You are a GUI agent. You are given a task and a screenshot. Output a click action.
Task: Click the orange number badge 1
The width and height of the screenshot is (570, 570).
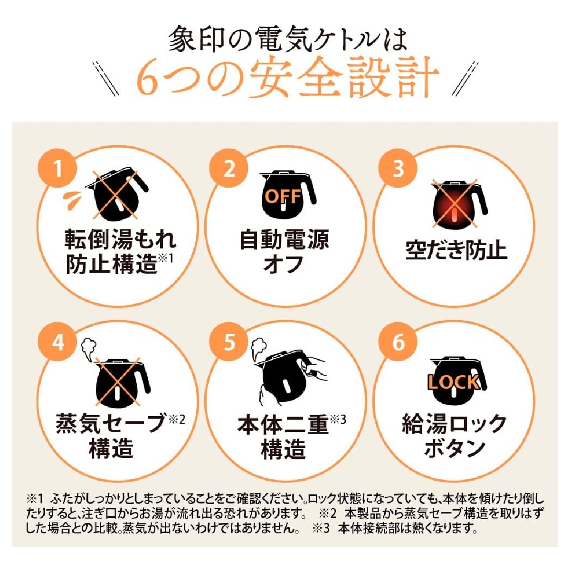(x=58, y=169)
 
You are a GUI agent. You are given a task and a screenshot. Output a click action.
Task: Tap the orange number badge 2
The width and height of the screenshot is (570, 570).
(x=228, y=169)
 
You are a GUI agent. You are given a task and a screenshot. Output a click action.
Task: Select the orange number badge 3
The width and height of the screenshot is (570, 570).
(x=399, y=169)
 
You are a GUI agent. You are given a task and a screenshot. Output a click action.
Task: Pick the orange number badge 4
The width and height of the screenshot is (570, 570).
(x=58, y=342)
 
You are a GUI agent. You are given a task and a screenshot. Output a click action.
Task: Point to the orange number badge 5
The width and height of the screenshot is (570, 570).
(x=228, y=342)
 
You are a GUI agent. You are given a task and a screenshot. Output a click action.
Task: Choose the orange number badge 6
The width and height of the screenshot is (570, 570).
(x=399, y=342)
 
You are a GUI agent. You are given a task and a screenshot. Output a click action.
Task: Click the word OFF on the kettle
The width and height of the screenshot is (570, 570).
(x=283, y=196)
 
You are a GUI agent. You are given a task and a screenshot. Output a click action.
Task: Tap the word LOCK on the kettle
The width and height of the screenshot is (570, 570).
(x=454, y=381)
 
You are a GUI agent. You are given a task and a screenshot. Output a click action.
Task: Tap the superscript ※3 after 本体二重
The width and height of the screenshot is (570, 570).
(x=338, y=420)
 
